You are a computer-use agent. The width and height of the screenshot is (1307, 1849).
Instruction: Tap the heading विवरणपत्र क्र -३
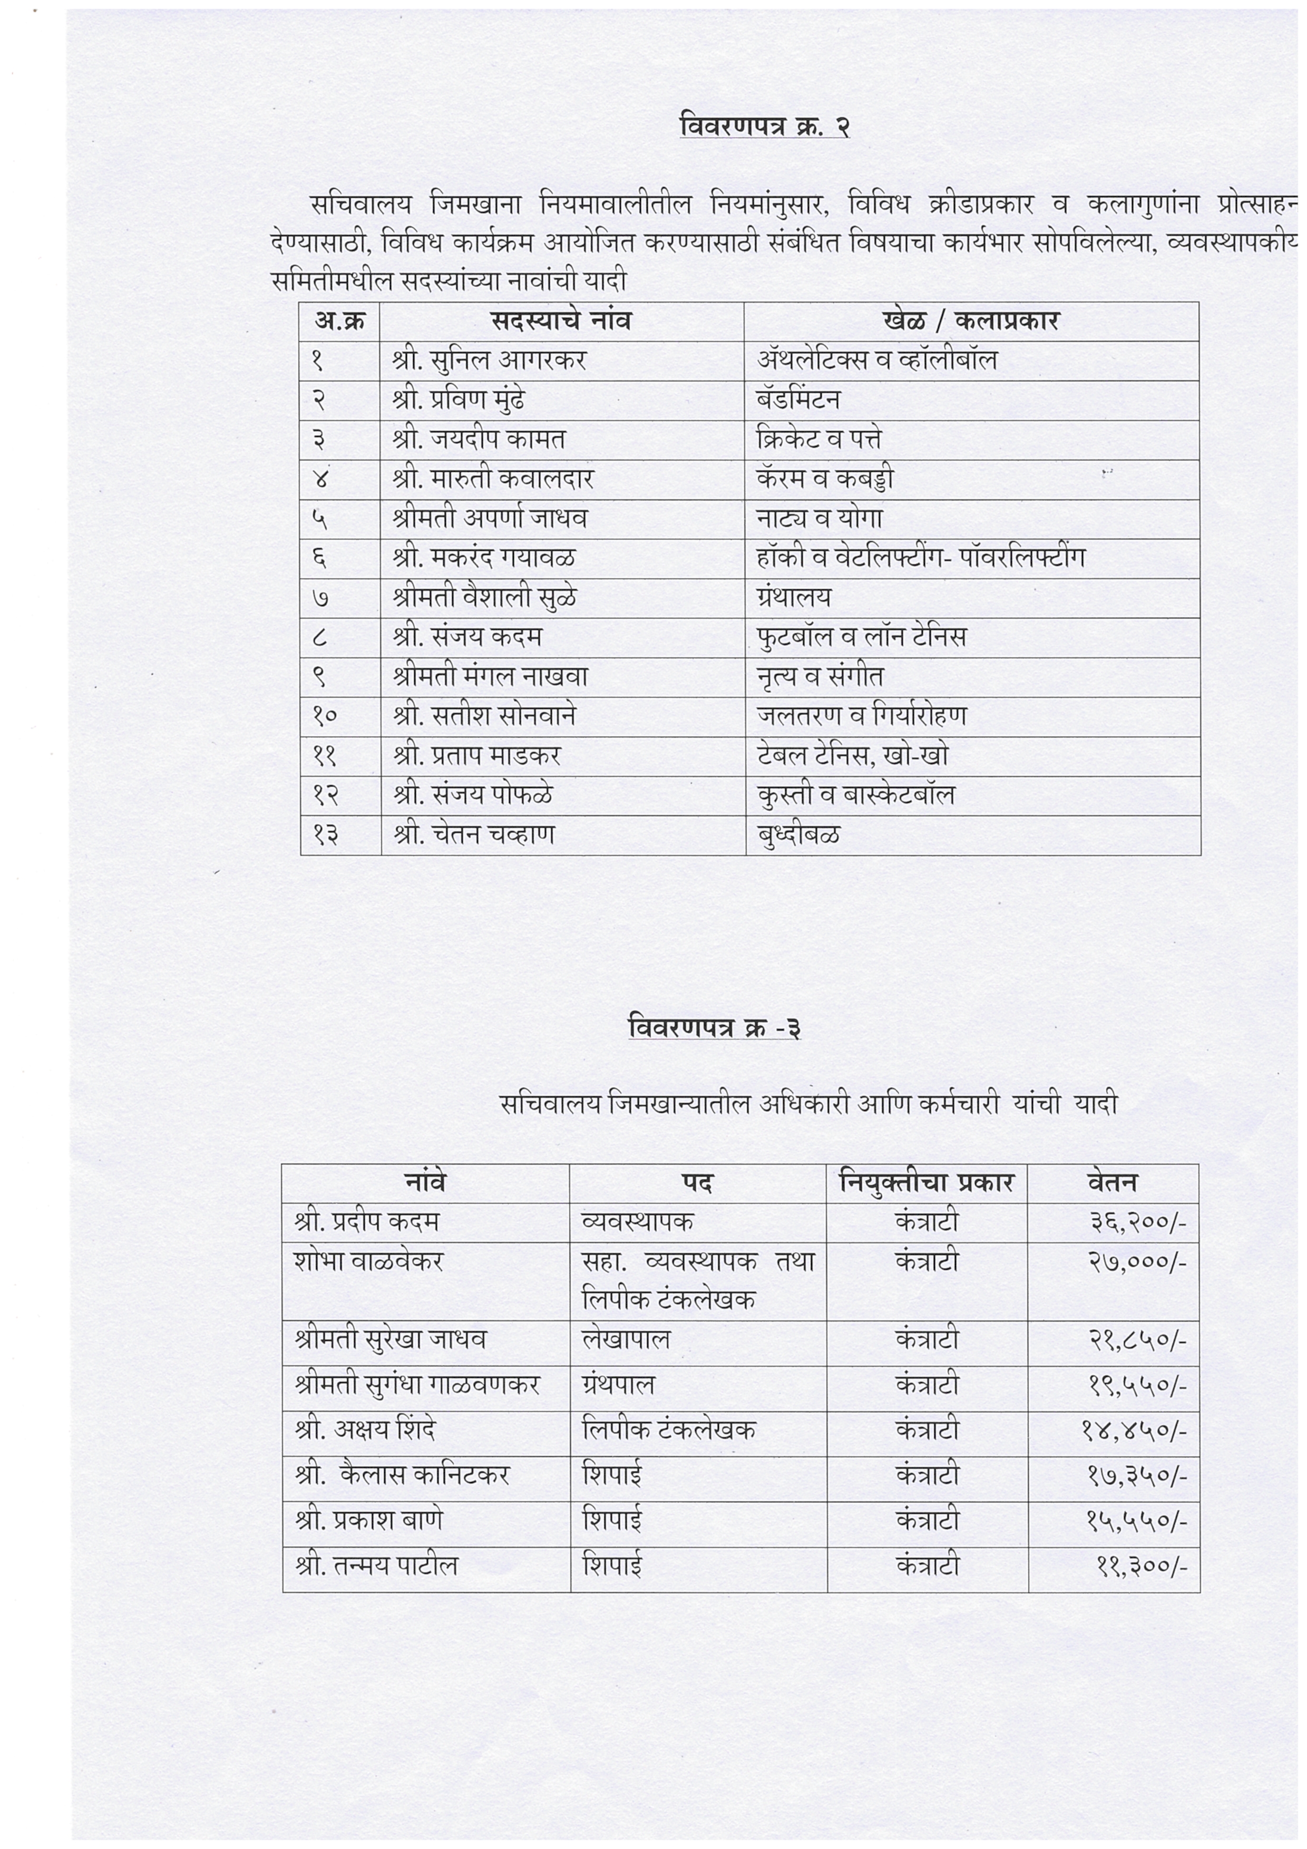coord(714,1028)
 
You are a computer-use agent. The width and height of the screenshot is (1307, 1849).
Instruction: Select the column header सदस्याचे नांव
coord(561,320)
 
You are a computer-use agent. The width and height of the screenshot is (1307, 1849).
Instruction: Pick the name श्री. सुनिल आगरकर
coord(490,360)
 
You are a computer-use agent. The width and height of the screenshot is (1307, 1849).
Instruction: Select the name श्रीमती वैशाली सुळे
coord(485,598)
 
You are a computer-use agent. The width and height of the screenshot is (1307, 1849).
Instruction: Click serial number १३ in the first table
coord(325,834)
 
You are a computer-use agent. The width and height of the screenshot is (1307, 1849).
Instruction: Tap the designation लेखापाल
coord(626,1339)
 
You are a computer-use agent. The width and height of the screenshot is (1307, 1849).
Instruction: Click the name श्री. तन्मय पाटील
coord(376,1565)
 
